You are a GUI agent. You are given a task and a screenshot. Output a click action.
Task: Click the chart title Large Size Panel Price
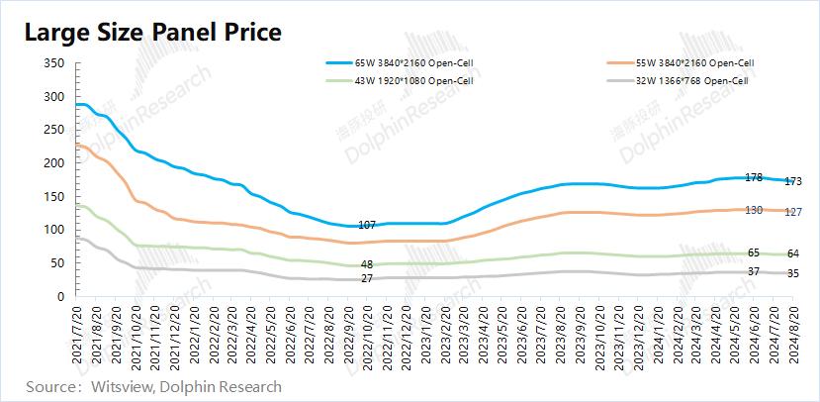(x=153, y=32)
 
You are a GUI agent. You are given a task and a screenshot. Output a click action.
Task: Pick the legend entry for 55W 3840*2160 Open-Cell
(x=704, y=62)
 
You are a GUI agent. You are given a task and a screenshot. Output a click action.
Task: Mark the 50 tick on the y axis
(x=58, y=262)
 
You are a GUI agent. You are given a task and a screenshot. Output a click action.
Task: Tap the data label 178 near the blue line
(x=753, y=178)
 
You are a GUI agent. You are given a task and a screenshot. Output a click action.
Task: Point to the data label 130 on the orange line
(x=753, y=210)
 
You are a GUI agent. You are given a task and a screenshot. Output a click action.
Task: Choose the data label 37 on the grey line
(x=754, y=271)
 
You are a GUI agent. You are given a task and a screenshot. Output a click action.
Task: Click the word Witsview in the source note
(x=120, y=386)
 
